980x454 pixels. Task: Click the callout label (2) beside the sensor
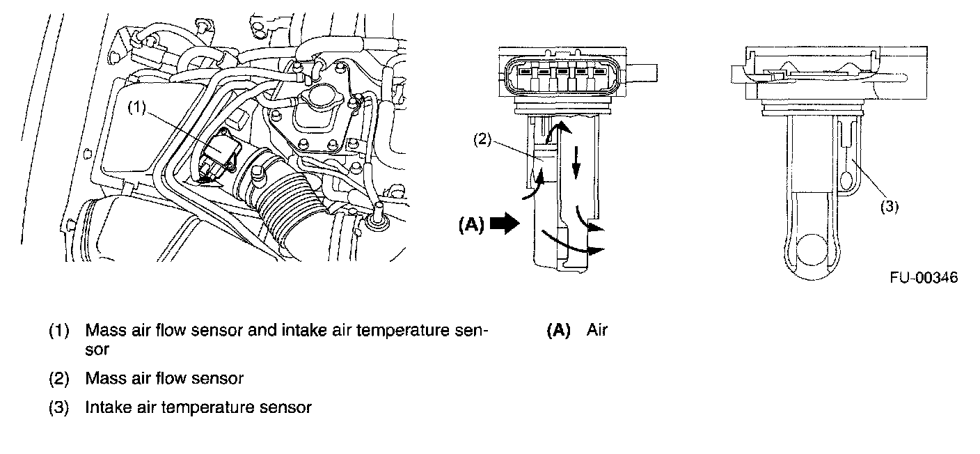click(483, 139)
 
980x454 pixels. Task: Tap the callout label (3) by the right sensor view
click(890, 205)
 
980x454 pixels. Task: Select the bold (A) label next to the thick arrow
click(471, 224)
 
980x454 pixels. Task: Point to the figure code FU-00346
click(923, 278)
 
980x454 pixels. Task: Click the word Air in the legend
click(596, 330)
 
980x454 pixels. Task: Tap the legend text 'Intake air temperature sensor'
click(198, 407)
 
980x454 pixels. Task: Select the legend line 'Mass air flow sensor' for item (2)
click(164, 379)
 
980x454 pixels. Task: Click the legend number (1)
click(59, 330)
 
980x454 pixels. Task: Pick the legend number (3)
click(59, 407)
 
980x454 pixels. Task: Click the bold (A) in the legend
click(558, 330)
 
